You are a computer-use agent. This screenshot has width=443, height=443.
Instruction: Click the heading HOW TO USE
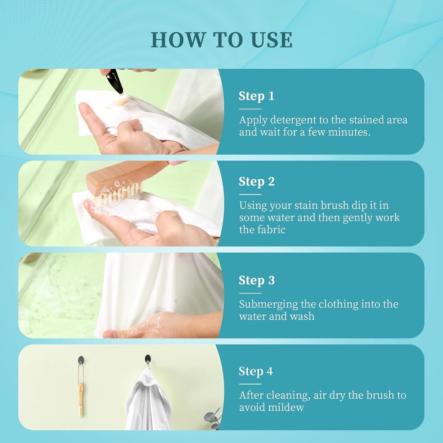221,40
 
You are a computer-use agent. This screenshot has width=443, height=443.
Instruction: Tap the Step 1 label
256,96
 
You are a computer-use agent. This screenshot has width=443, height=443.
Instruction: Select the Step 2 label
257,182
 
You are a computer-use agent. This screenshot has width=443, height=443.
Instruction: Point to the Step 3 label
257,281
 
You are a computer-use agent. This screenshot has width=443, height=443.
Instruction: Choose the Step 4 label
256,372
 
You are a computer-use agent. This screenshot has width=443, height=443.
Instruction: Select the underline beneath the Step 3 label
250,293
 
